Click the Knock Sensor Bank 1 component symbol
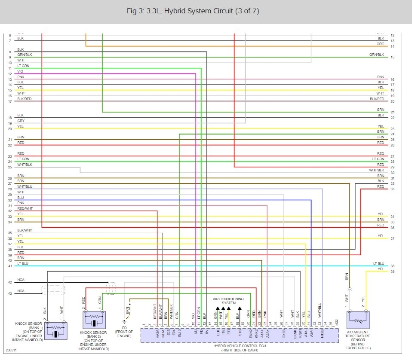(x=56, y=331)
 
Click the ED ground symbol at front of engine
(x=125, y=321)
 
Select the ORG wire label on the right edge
(x=381, y=44)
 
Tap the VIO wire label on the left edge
(x=20, y=71)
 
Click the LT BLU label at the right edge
(x=378, y=263)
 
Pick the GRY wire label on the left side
(x=21, y=121)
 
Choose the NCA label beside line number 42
(x=21, y=280)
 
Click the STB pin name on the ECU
(x=240, y=332)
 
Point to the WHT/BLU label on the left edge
(x=24, y=187)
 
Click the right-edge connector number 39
(x=392, y=272)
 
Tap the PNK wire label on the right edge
(x=381, y=77)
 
